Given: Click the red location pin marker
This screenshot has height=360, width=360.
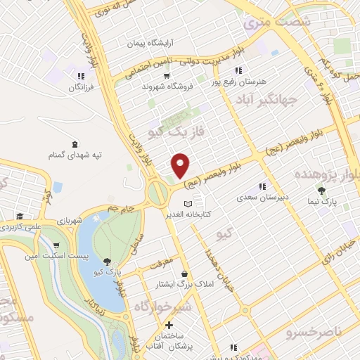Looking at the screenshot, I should coord(181,165).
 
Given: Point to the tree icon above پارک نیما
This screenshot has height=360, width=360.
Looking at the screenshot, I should coord(322,190).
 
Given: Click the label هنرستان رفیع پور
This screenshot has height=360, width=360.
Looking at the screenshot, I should coord(243,82).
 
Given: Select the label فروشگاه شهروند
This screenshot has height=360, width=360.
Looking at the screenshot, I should coord(167,86).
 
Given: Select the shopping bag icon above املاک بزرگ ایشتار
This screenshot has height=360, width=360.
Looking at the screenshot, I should coord(184,274).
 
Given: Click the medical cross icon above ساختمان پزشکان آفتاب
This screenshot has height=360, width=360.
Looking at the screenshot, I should coord(169,326).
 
